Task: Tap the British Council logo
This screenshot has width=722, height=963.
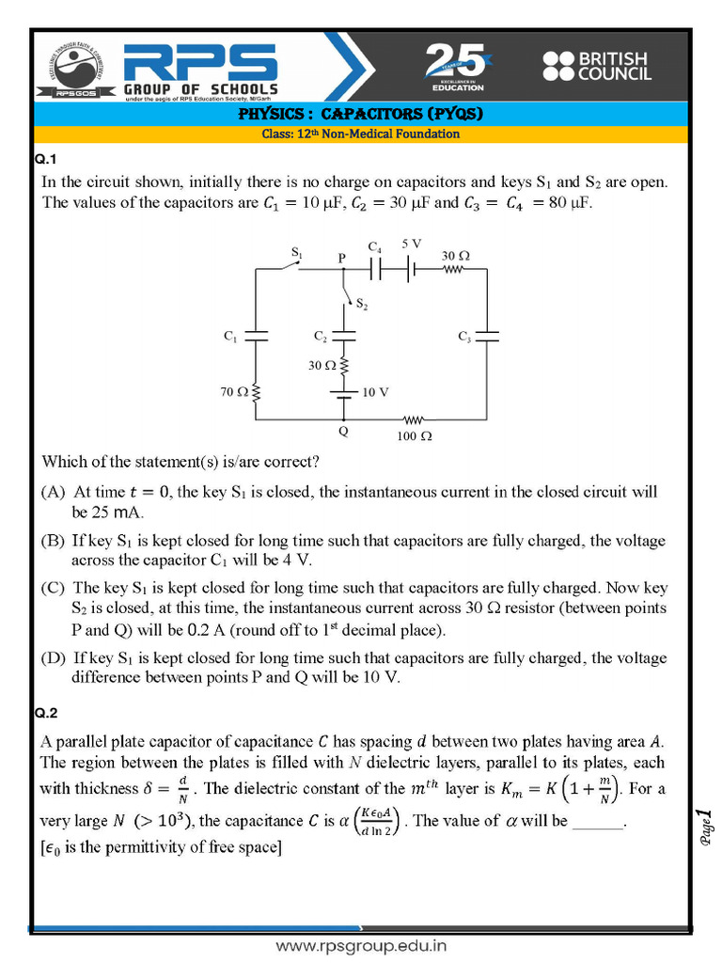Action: pos(596,65)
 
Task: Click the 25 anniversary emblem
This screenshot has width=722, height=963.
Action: pos(458,67)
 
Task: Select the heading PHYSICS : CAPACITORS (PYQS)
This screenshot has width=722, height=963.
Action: pos(360,115)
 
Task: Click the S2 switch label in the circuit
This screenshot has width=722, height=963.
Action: pos(362,305)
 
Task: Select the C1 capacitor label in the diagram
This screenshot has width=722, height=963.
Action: pos(230,337)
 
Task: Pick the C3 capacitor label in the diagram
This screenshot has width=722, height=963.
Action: pos(464,337)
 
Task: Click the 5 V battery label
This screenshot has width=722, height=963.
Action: pos(412,244)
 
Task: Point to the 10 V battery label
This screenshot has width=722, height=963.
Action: pos(375,392)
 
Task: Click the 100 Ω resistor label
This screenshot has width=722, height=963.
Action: pos(414,436)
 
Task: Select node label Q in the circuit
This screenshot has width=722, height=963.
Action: pos(343,432)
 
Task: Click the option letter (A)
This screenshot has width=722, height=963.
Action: pos(53,492)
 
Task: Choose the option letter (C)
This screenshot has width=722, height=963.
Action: pos(53,588)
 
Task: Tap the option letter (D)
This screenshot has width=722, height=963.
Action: pos(53,657)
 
